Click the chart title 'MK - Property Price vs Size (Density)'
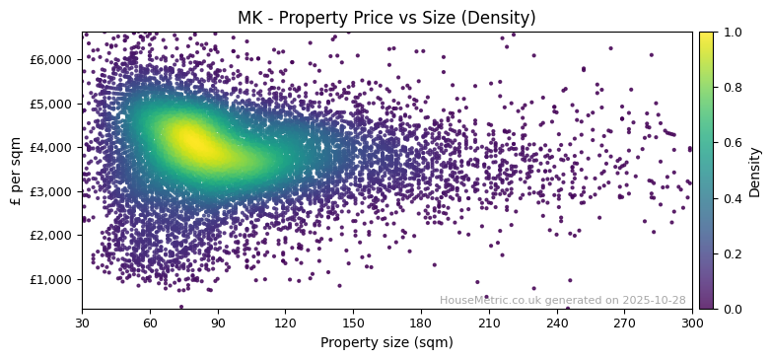[x=386, y=18]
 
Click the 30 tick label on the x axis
[x=82, y=323]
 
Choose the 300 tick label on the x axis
[x=692, y=323]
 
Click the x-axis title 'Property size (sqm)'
[x=386, y=342]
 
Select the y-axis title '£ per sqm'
[x=16, y=170]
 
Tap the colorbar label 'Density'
[x=754, y=171]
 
